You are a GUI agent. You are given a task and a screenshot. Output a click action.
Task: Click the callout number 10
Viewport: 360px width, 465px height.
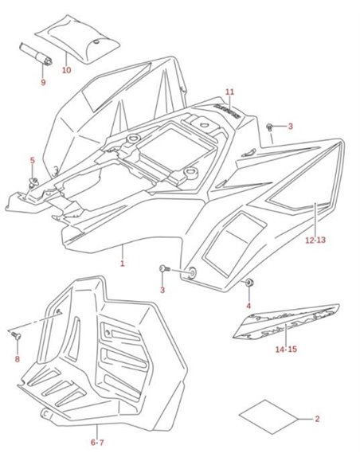(x=66, y=70)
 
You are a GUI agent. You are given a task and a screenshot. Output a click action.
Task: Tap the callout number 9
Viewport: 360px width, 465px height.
(x=43, y=82)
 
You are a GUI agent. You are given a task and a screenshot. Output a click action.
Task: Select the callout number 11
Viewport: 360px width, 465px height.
(x=229, y=92)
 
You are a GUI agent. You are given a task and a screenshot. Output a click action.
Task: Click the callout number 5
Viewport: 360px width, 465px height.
(x=33, y=160)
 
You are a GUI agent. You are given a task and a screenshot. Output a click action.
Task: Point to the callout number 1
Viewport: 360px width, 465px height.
(x=122, y=264)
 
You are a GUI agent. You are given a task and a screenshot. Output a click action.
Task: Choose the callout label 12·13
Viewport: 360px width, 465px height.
(x=315, y=240)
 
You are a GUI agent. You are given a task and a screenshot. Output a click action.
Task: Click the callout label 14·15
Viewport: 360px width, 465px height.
(x=286, y=350)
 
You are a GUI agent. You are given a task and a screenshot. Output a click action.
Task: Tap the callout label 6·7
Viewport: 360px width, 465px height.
(x=97, y=443)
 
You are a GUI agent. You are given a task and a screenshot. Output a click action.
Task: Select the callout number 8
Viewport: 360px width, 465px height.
(x=18, y=359)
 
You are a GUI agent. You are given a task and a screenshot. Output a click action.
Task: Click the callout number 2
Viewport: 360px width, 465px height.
(x=317, y=419)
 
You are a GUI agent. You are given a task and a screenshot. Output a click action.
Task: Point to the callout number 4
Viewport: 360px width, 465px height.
(x=248, y=306)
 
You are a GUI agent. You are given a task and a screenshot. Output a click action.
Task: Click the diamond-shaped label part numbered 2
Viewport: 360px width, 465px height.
(x=268, y=417)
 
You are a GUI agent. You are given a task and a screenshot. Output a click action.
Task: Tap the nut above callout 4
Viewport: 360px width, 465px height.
(x=248, y=283)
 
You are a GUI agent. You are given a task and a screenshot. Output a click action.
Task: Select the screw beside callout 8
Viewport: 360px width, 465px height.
(x=16, y=335)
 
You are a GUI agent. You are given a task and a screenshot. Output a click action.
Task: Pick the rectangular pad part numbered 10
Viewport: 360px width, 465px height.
(x=77, y=39)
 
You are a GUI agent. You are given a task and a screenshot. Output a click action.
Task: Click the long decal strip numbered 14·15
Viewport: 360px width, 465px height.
(x=286, y=321)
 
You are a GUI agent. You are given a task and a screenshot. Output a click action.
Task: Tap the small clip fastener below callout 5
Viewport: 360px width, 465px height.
(x=33, y=182)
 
